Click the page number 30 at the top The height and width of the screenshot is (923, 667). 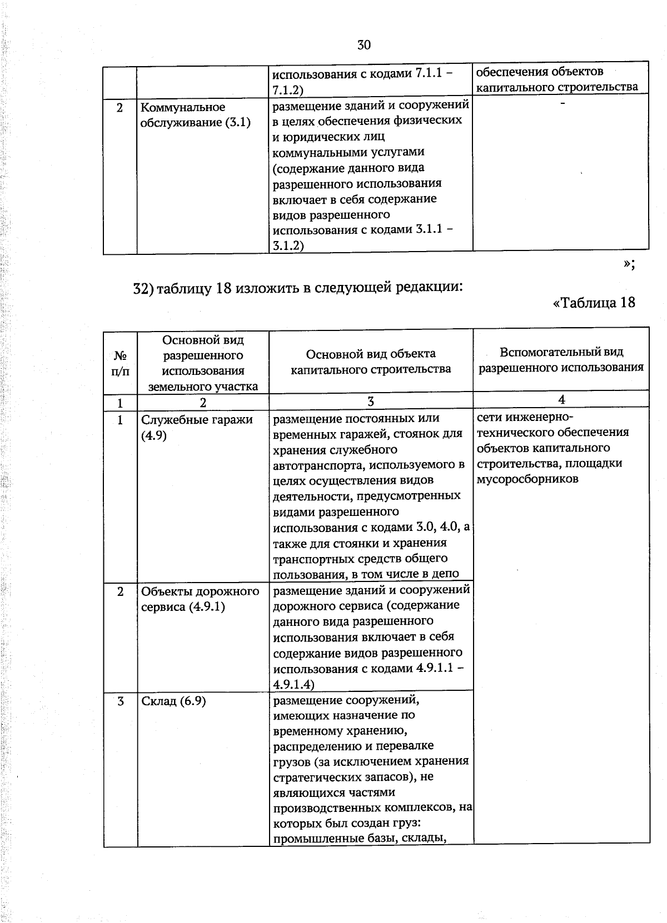[x=364, y=45]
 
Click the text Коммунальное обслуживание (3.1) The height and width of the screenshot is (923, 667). [x=195, y=115]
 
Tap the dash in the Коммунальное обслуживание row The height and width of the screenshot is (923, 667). [x=563, y=104]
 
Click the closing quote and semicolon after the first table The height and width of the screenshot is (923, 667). [x=629, y=264]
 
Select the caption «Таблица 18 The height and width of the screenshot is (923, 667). [x=594, y=302]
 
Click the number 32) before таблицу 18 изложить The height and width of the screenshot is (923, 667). [x=143, y=288]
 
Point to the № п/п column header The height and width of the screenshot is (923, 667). [x=120, y=363]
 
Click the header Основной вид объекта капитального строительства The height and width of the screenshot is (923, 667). [x=371, y=361]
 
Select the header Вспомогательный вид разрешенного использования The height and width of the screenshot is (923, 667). [x=561, y=359]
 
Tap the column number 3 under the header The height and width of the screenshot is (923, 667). [x=371, y=402]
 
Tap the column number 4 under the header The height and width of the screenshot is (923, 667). [x=561, y=399]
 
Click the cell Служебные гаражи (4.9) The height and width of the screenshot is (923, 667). [x=196, y=427]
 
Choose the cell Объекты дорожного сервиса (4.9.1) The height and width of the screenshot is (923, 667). [x=200, y=599]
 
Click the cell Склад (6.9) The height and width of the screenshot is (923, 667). [x=173, y=701]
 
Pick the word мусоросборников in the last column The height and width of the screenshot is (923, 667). [x=527, y=479]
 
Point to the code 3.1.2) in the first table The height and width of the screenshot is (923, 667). [x=288, y=245]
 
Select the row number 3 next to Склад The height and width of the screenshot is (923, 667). [x=120, y=701]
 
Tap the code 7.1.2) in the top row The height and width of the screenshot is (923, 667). [x=287, y=89]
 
